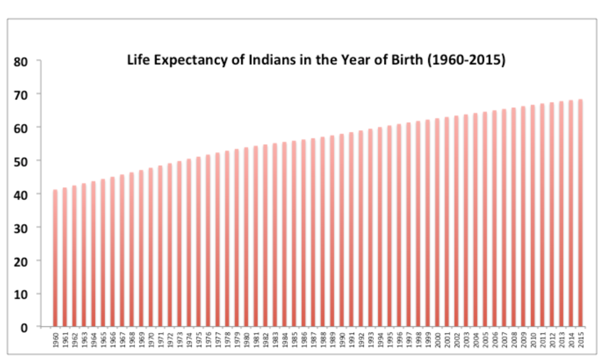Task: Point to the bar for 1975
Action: click(x=199, y=242)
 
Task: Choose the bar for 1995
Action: click(x=390, y=226)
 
